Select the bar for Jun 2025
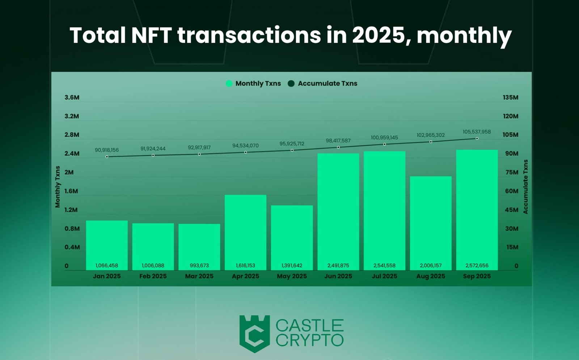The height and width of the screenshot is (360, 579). (338, 212)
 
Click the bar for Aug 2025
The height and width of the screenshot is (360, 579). (431, 223)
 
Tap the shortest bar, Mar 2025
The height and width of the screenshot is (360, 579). (199, 247)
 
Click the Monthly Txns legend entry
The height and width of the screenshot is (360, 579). (253, 84)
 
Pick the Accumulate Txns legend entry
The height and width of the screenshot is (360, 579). (322, 84)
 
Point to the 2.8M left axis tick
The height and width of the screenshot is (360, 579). (72, 135)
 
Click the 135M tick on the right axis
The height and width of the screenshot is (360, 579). (510, 97)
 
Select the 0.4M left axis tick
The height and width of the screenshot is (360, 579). (72, 247)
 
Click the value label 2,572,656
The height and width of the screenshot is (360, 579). (477, 266)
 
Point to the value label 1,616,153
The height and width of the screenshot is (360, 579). (245, 266)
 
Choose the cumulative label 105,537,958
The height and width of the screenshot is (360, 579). (477, 132)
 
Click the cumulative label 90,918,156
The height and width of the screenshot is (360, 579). (107, 150)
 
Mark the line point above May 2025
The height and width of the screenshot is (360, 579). (292, 150)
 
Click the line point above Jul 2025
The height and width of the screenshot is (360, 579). (384, 144)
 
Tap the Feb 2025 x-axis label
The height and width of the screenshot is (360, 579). (153, 276)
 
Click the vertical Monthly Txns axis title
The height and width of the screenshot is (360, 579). (58, 187)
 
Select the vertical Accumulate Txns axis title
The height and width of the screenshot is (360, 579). (525, 187)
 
